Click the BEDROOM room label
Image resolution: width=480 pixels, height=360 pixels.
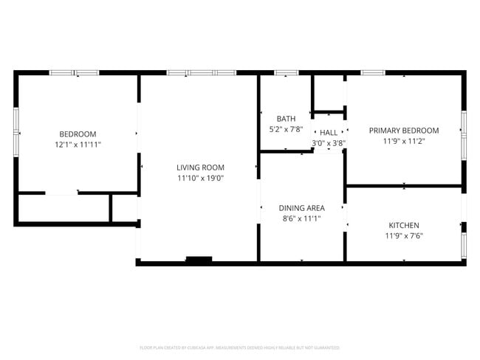(x=78, y=134)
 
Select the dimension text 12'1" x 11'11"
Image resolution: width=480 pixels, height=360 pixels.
(x=78, y=145)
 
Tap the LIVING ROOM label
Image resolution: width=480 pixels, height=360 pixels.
(x=200, y=167)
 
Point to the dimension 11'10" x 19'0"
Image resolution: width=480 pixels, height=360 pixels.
(x=200, y=179)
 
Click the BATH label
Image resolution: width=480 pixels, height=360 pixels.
(x=286, y=119)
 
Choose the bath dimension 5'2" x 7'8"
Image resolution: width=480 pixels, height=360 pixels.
(x=286, y=130)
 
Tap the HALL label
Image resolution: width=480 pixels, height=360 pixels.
(x=329, y=133)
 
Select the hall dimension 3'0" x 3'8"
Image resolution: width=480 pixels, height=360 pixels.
(x=329, y=143)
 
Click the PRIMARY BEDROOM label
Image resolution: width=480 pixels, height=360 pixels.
(x=404, y=130)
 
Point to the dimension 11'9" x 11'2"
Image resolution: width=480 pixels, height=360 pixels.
(x=404, y=141)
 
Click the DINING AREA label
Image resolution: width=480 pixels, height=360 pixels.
(x=301, y=208)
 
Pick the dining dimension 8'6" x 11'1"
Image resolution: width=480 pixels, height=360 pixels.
(x=301, y=219)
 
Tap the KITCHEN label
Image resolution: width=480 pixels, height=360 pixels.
(x=404, y=225)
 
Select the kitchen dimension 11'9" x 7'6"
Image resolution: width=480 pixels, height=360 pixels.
(x=404, y=236)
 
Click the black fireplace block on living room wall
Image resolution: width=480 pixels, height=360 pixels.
(x=199, y=259)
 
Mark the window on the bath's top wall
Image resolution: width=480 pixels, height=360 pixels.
(x=286, y=72)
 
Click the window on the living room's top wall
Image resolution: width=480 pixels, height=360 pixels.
(x=201, y=72)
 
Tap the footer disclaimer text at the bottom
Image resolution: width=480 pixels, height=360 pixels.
(x=240, y=347)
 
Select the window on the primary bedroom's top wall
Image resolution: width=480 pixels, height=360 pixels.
(x=372, y=72)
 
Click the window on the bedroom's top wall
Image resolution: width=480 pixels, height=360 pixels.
(x=74, y=72)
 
